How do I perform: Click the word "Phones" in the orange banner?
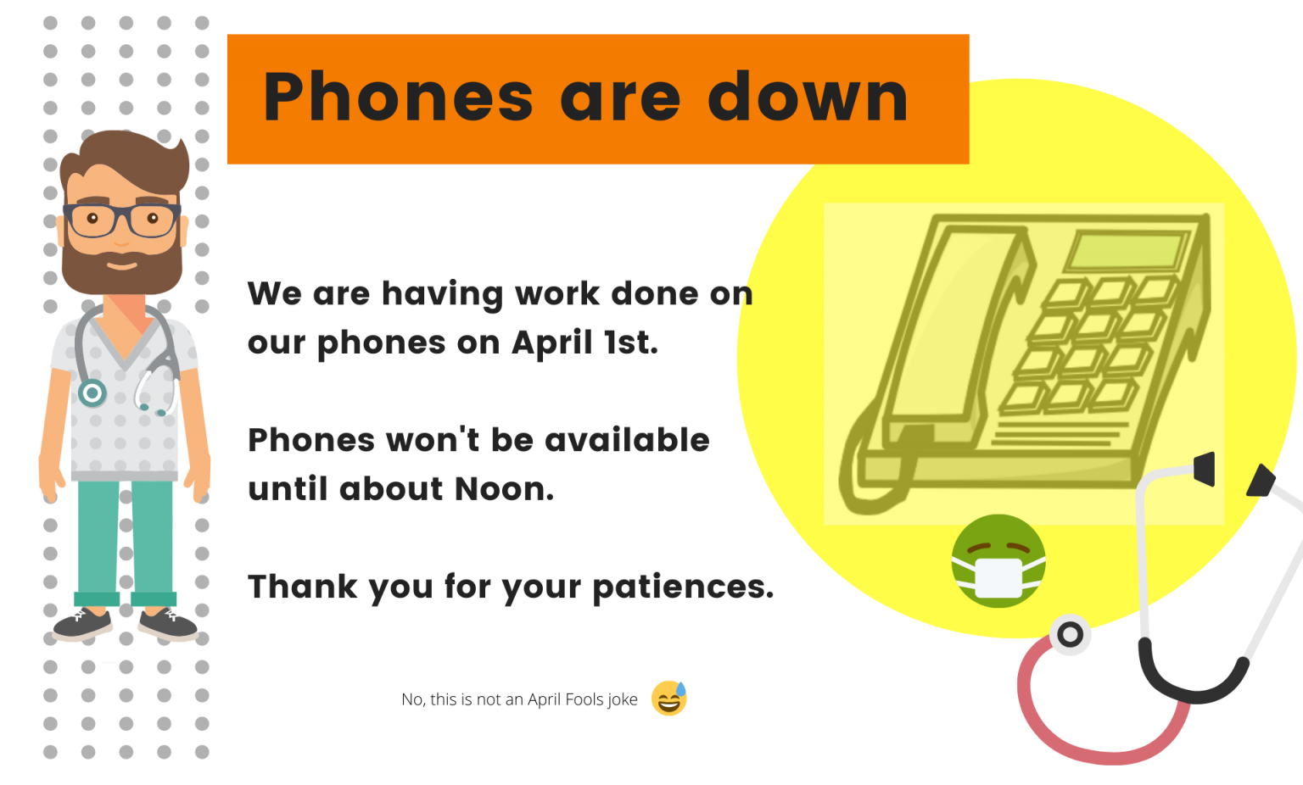tap(398, 97)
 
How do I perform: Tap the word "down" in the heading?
tap(808, 97)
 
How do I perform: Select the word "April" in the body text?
tap(552, 342)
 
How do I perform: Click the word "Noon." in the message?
tap(505, 489)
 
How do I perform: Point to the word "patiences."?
tap(683, 587)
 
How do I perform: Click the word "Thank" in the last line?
tap(303, 586)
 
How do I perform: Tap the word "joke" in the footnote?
tap(622, 699)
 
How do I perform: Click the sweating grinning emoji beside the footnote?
tap(669, 698)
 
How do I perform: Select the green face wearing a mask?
tap(998, 561)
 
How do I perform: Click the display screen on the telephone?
tap(1127, 251)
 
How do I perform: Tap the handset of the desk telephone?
tap(954, 331)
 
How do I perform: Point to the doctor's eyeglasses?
tap(122, 220)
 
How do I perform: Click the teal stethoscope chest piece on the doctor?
tap(92, 393)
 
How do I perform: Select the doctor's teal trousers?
tap(125, 542)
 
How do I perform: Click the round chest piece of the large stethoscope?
tap(1070, 634)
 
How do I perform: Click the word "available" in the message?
tap(627, 440)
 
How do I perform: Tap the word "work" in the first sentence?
tap(557, 293)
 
